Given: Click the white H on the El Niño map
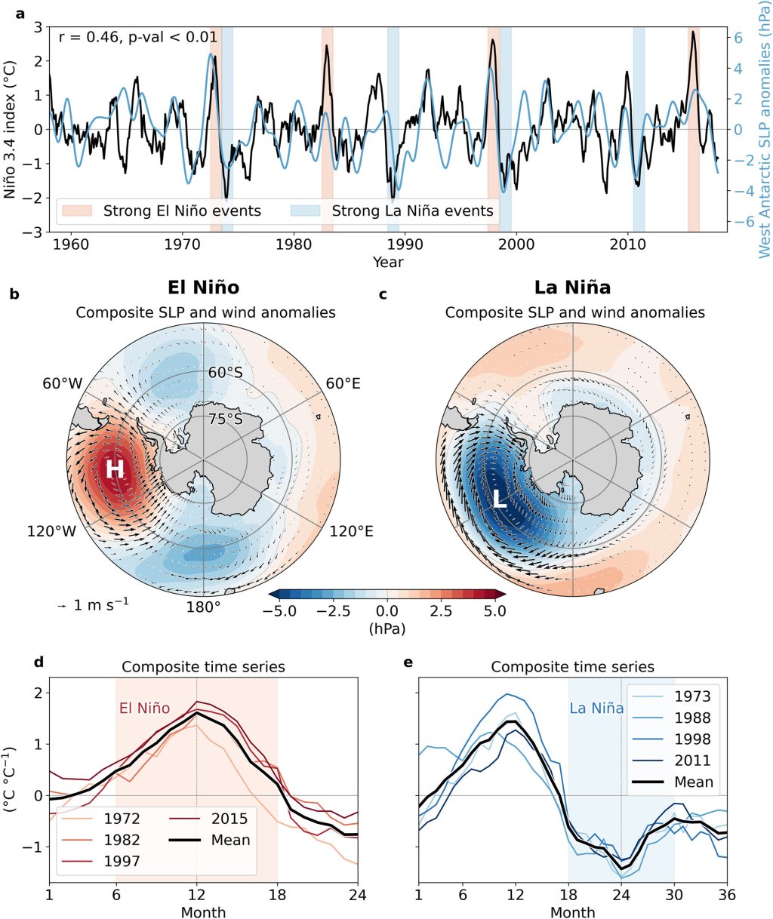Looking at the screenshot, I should pos(114,469).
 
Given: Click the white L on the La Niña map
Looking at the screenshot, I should pos(500,499).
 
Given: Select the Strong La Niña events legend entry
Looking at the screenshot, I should pos(412,211).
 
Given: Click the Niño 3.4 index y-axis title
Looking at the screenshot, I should pos(10,128).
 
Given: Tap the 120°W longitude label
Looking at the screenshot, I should pos(52,531).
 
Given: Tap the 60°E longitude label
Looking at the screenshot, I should pos(343,384).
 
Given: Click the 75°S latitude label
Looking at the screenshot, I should pos(225,420).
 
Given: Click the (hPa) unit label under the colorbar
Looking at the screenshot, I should pos(386,628).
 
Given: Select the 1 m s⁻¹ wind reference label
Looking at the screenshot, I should pos(95,604).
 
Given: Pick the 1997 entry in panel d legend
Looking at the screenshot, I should pos(122,861).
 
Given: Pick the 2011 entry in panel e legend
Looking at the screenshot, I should pos(692,761).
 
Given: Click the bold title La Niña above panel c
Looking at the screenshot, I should pos(572,287).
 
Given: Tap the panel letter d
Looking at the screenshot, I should pos(39,662).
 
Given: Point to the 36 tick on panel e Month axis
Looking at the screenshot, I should pos(726,895).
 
